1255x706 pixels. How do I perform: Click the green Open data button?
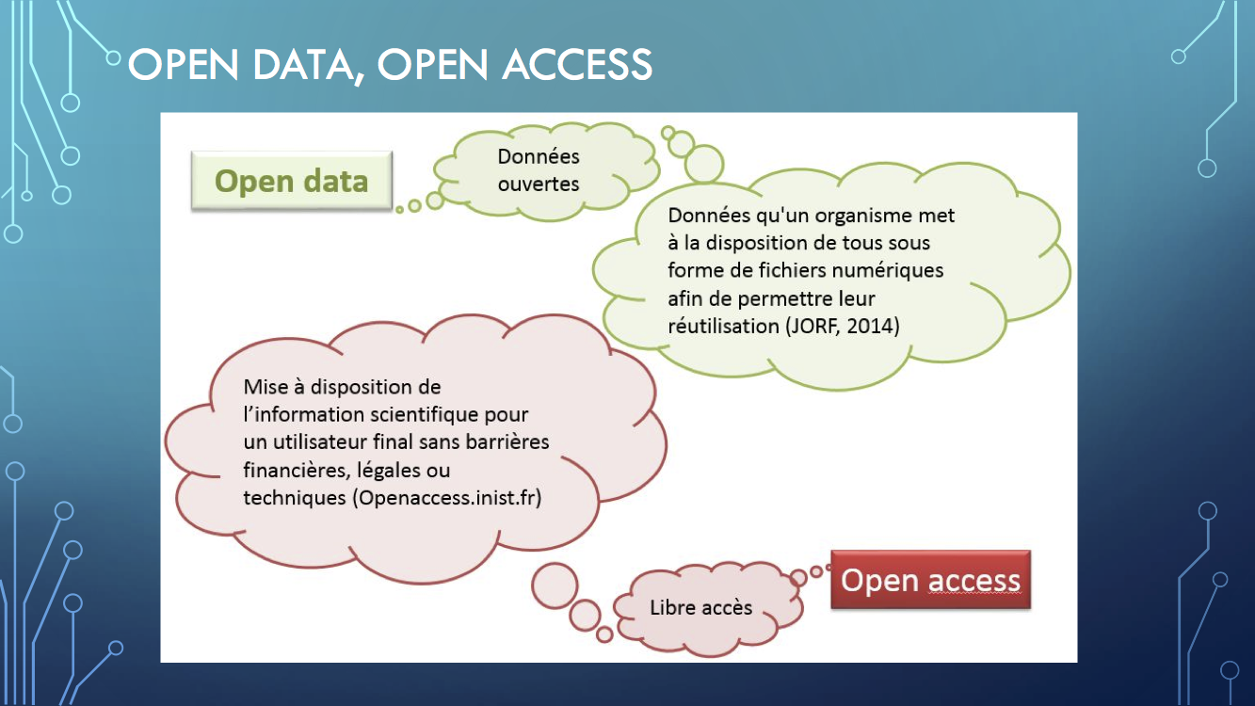(x=291, y=181)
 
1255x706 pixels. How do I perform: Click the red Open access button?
(x=930, y=580)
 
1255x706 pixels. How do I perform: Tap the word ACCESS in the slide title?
(x=577, y=65)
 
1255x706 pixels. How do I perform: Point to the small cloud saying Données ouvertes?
(x=546, y=171)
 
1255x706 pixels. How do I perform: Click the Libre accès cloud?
(x=707, y=608)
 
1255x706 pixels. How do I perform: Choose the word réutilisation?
(x=723, y=326)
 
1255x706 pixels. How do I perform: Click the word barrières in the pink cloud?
(x=507, y=442)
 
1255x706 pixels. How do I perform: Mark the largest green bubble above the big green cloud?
(x=703, y=163)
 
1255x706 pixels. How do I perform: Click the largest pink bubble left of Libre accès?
(x=555, y=586)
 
